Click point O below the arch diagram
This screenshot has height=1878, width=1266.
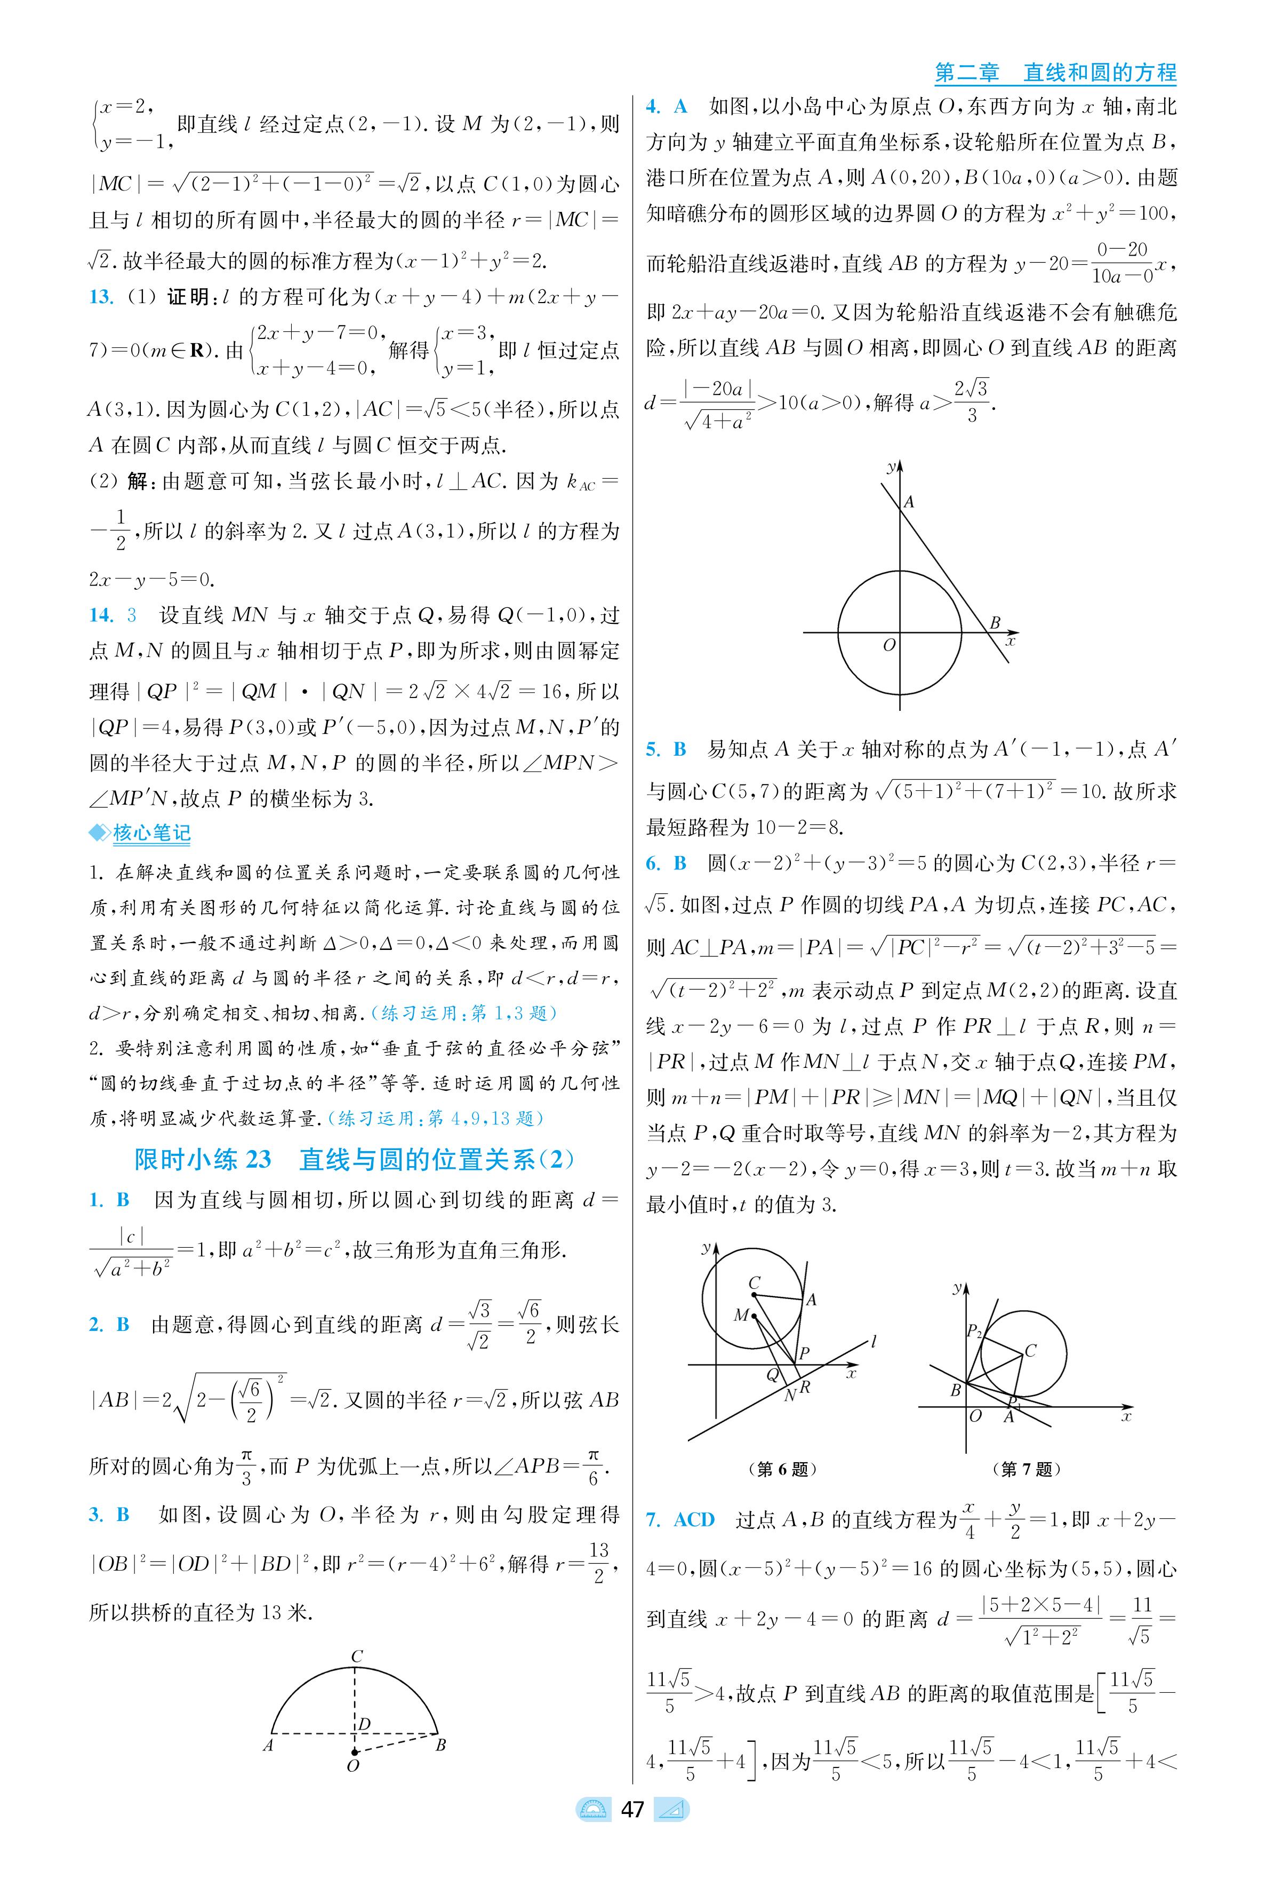click(353, 1766)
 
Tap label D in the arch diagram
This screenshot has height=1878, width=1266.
click(364, 1724)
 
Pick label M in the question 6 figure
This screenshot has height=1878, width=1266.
click(740, 1315)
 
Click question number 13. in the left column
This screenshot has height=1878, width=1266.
click(101, 296)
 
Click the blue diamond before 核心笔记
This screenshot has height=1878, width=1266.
click(99, 833)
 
